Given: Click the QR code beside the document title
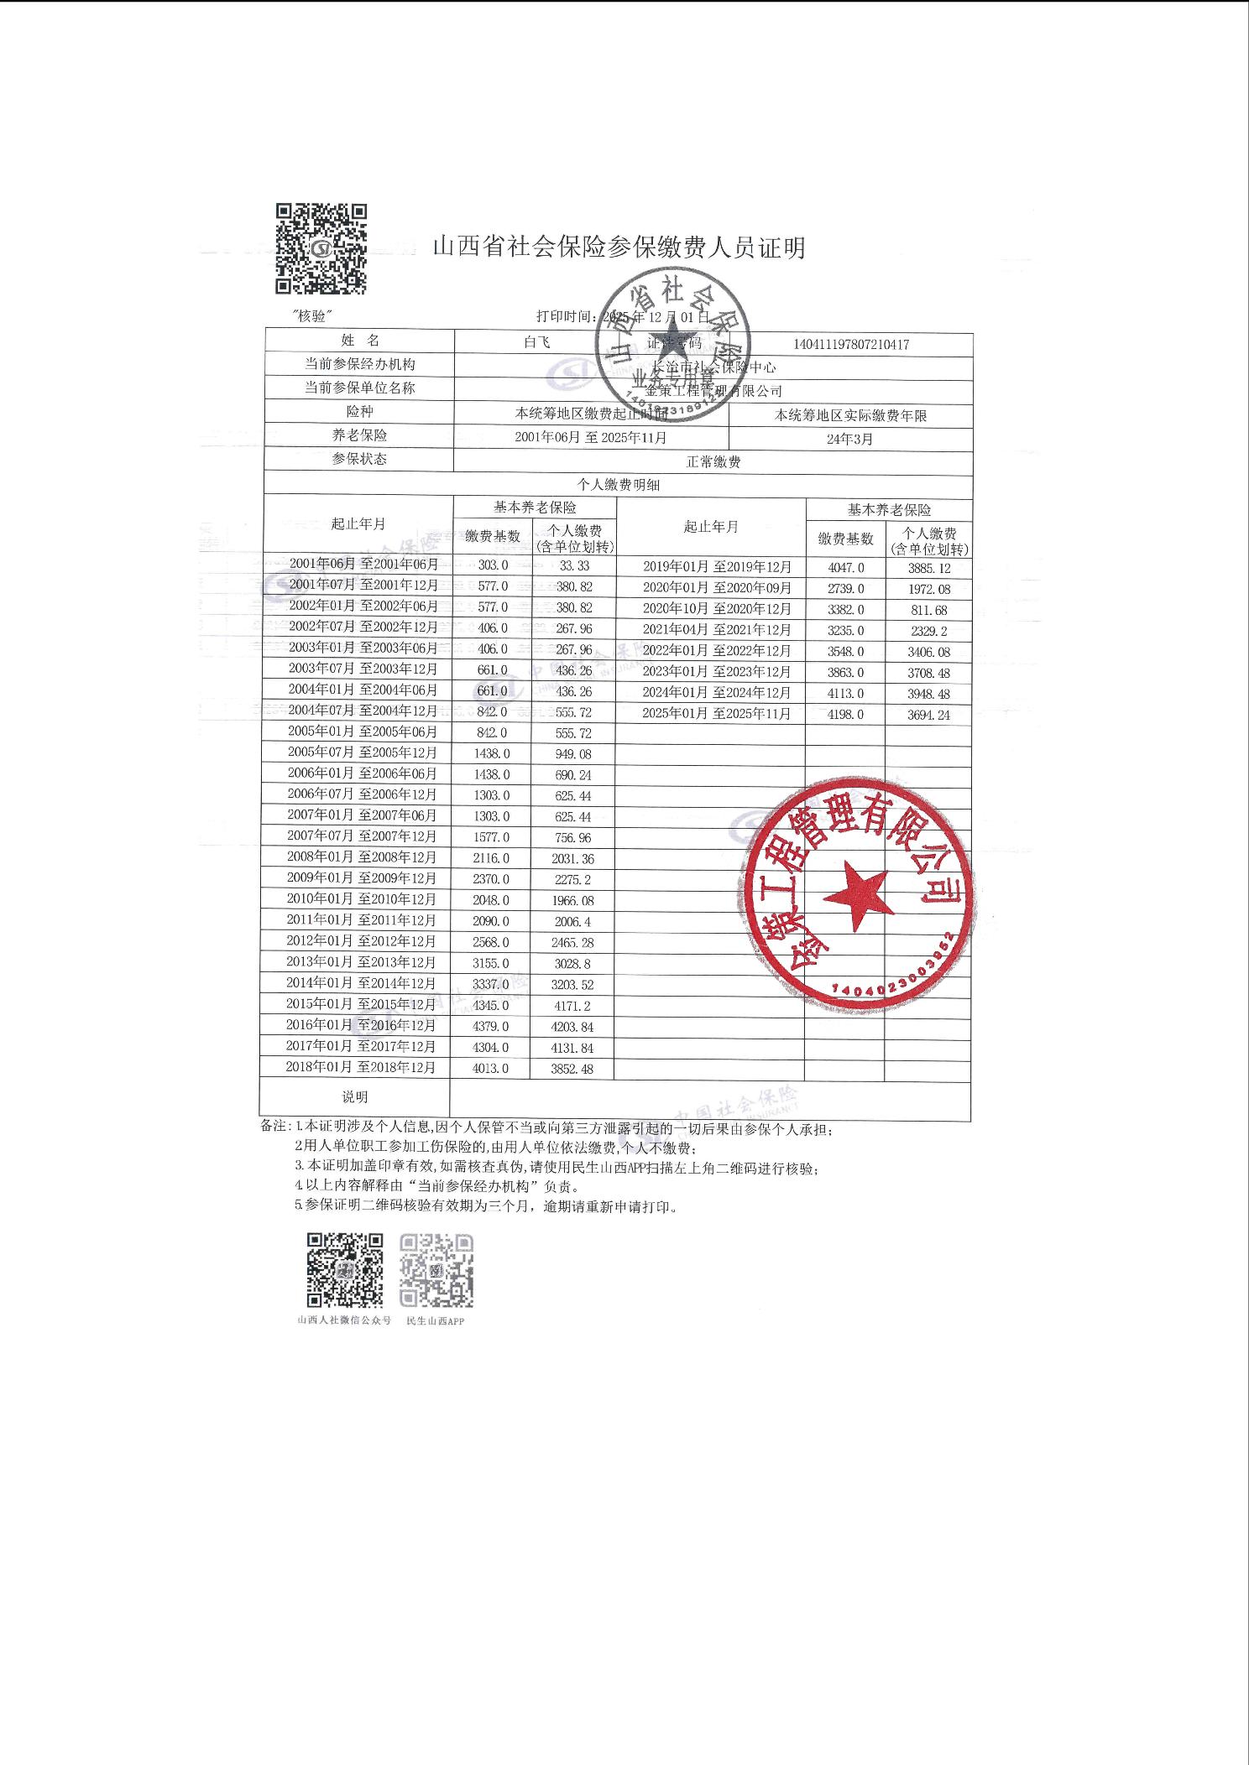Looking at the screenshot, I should [x=322, y=249].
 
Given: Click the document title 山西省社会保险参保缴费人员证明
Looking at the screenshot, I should [x=619, y=248].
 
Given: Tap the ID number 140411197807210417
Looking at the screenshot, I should [x=851, y=344].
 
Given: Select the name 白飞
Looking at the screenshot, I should [x=536, y=342].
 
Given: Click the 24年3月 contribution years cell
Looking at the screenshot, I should [x=850, y=439].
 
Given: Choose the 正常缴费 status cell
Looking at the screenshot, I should [x=713, y=461].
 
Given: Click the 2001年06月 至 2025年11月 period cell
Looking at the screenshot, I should [x=591, y=437].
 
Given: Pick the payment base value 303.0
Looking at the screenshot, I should [x=493, y=565].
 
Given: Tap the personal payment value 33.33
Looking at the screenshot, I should [x=574, y=566].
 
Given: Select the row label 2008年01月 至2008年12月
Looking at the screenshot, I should [x=362, y=856].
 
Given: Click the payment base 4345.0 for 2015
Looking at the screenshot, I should [x=490, y=1005].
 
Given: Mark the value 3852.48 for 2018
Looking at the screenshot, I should [x=572, y=1069].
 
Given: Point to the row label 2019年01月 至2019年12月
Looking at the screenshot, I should [x=717, y=566].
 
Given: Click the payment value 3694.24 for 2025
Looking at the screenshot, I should [x=928, y=715].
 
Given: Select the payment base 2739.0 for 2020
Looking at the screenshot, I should [x=845, y=589].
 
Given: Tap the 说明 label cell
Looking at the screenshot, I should [x=355, y=1096].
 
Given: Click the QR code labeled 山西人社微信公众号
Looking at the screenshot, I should [x=345, y=1269].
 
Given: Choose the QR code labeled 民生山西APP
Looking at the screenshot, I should [x=436, y=1269].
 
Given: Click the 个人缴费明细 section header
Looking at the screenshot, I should [x=618, y=485].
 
